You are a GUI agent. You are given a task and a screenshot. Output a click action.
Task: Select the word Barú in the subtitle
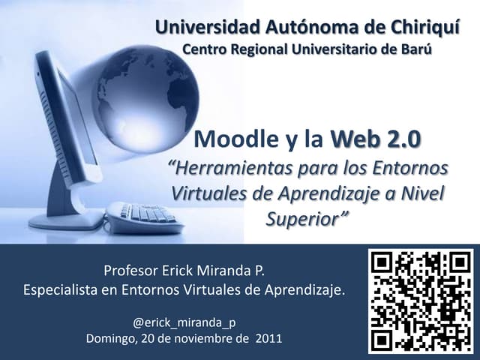416,49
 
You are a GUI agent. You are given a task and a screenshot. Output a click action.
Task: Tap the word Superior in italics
307,218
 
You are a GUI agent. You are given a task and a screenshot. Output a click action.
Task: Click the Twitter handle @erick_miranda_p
184,322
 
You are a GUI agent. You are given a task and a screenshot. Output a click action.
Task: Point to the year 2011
269,337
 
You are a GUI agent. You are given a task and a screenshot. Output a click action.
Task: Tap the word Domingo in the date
110,337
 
